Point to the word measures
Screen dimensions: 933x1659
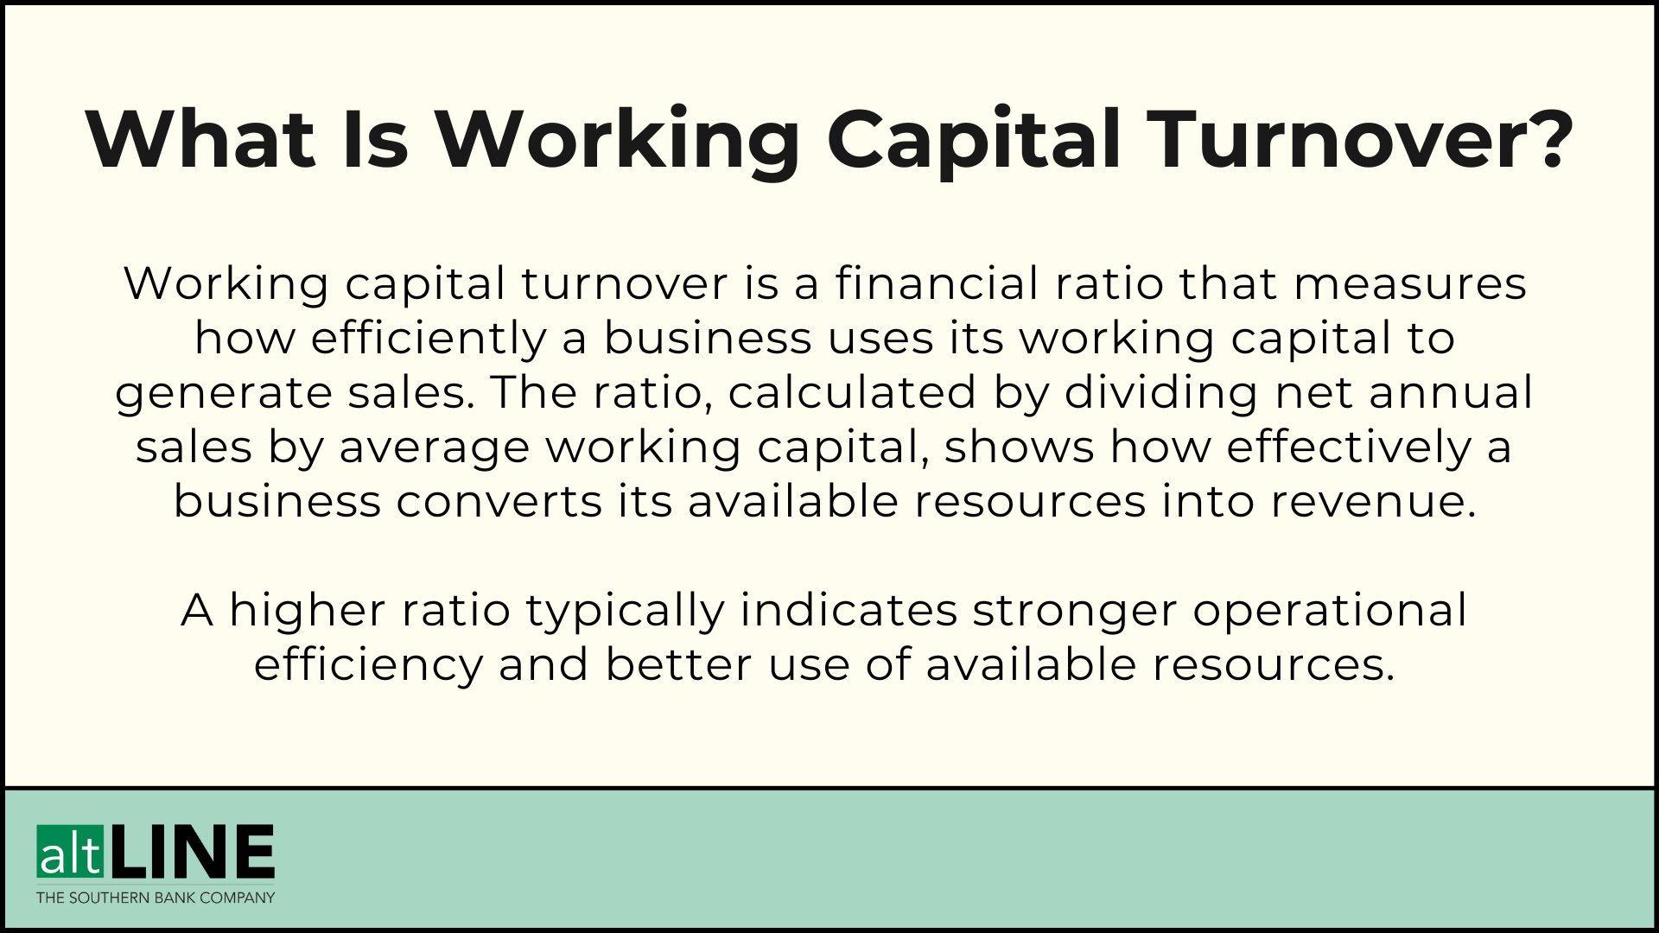pyautogui.click(x=1409, y=283)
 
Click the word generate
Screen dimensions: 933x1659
pyautogui.click(x=224, y=393)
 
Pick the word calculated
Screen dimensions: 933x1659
pyautogui.click(x=852, y=393)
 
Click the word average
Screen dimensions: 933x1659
pyautogui.click(x=434, y=447)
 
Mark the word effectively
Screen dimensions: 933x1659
pyautogui.click(x=1348, y=447)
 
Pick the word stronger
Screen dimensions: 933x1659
pyautogui.click(x=1075, y=611)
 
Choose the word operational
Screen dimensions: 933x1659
pyautogui.click(x=1330, y=611)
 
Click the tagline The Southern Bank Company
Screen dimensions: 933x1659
pyautogui.click(x=156, y=898)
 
